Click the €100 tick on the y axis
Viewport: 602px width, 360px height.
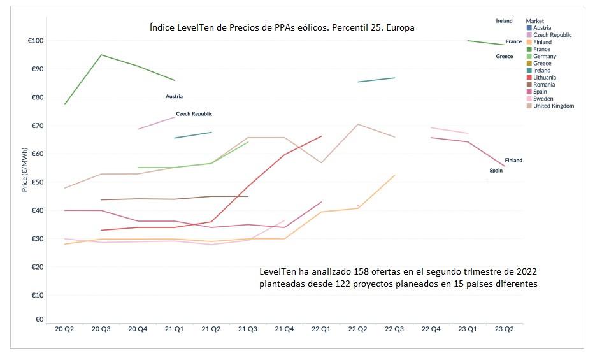click(x=34, y=41)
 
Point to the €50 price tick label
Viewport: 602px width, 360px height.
click(x=36, y=182)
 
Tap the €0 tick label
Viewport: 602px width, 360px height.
click(x=39, y=320)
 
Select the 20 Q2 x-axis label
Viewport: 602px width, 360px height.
click(x=65, y=329)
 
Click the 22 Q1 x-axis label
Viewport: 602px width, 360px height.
click(x=321, y=329)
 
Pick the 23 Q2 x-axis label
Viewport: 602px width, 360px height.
click(x=504, y=329)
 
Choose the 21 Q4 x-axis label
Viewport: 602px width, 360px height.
click(x=284, y=329)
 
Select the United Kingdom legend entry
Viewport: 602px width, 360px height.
click(x=554, y=106)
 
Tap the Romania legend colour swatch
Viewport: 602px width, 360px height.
click(x=529, y=85)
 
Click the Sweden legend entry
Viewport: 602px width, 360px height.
click(x=543, y=99)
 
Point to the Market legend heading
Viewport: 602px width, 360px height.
click(x=535, y=21)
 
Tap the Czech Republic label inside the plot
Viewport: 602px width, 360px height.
click(x=194, y=114)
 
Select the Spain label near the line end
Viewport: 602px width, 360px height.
click(x=496, y=171)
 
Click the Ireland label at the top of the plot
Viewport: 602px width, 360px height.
click(x=504, y=21)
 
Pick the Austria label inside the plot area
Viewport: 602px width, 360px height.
click(x=174, y=97)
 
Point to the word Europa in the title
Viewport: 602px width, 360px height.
click(x=399, y=27)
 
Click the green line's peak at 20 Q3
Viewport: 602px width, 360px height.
click(x=101, y=55)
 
